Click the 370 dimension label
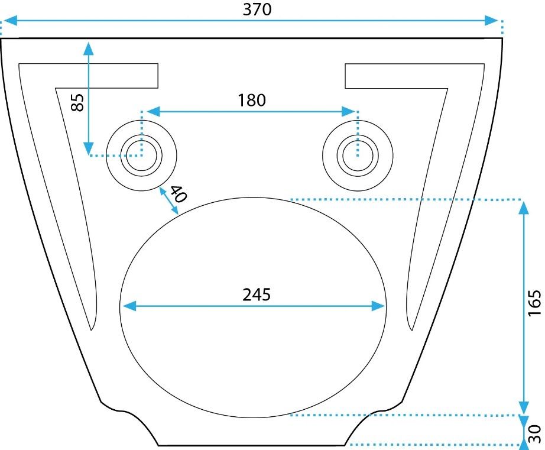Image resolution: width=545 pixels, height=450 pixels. pyautogui.click(x=257, y=9)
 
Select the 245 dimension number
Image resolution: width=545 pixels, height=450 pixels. pyautogui.click(x=257, y=294)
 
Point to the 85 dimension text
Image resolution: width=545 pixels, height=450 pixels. pyautogui.click(x=77, y=103)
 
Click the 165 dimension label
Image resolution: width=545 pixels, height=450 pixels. pyautogui.click(x=534, y=303)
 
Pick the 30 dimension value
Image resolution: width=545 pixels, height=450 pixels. pyautogui.click(x=534, y=433)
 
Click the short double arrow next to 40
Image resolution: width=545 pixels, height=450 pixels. pyautogui.click(x=168, y=201)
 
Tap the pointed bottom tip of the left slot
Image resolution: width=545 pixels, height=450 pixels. pyautogui.click(x=92, y=328)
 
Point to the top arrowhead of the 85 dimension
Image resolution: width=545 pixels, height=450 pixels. pyautogui.click(x=89, y=48)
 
